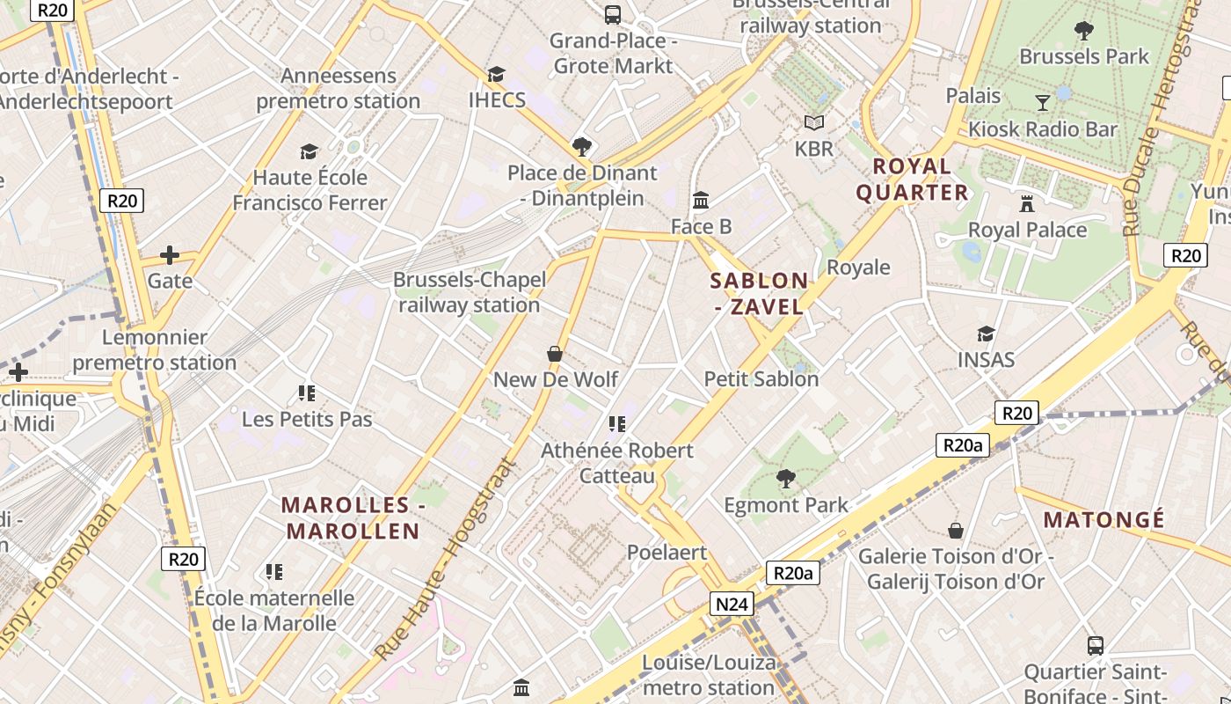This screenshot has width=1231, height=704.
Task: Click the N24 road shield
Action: tap(732, 604)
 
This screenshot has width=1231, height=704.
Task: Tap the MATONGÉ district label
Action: tap(1104, 519)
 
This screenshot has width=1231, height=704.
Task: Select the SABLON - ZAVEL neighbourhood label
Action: tap(759, 293)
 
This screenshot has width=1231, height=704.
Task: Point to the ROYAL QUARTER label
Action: tap(912, 179)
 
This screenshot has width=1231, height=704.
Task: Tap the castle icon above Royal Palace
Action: tap(1026, 204)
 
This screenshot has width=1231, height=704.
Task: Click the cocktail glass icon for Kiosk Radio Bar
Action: tap(1043, 103)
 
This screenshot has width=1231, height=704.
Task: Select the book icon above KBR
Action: tap(814, 123)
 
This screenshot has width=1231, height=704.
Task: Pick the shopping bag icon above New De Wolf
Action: tap(555, 354)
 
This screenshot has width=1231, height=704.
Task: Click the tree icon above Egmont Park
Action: tap(785, 479)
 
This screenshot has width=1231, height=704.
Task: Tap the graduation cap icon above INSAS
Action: tap(986, 334)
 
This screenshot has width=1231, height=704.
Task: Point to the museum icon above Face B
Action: tap(701, 201)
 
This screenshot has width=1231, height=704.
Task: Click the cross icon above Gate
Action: tap(170, 255)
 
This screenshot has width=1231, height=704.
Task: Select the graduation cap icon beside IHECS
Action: tap(497, 74)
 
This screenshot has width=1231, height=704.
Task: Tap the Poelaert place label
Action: tap(666, 552)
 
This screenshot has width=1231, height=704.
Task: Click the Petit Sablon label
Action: tap(761, 378)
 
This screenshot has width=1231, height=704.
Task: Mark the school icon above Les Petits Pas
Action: tap(307, 392)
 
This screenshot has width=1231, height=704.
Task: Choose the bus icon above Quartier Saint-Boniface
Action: tap(1096, 645)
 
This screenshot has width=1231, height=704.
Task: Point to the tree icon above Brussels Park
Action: tap(1084, 31)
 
